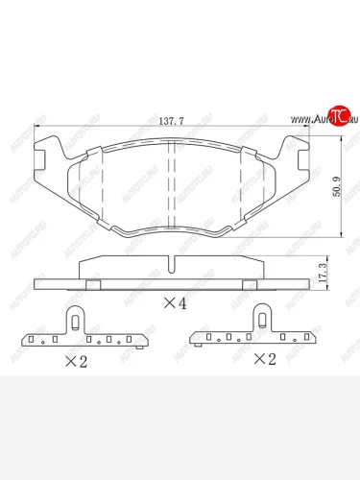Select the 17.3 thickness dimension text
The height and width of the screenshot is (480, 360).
[335, 273]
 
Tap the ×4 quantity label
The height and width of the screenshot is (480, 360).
[173, 303]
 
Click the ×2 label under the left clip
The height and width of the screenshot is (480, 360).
[77, 361]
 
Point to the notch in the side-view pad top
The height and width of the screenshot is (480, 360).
[171, 264]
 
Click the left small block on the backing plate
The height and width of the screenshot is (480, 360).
[93, 284]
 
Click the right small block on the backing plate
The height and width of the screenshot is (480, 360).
[248, 284]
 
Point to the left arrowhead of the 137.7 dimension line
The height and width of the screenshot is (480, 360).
[36, 130]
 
